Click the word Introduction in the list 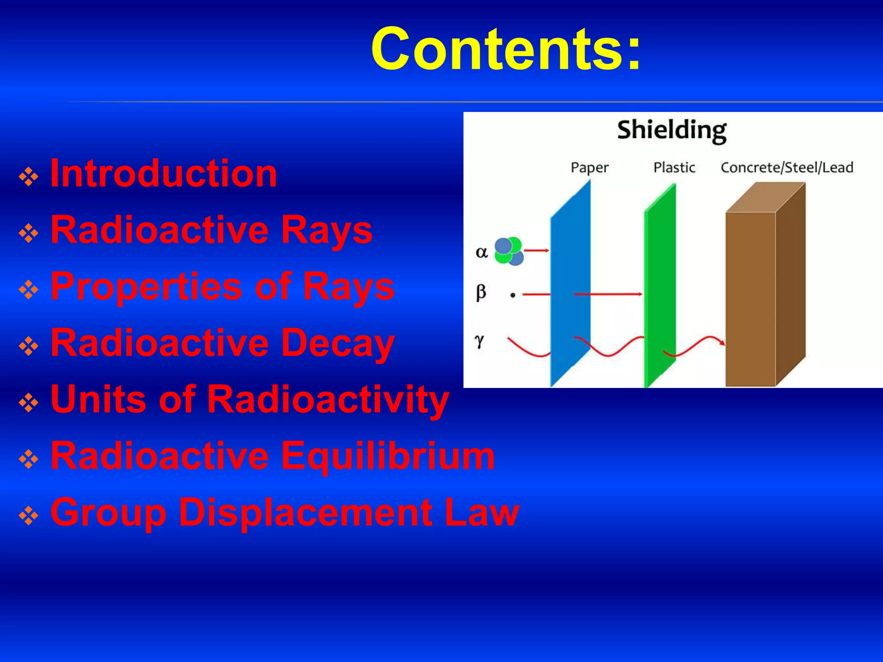[163, 174]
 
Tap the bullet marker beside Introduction [29, 177]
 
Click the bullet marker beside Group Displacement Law [29, 516]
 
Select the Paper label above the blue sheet [589, 168]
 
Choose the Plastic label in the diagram [674, 167]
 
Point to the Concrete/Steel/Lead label [786, 167]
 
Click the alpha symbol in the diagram [481, 252]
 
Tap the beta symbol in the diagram [481, 293]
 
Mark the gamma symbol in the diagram [479, 341]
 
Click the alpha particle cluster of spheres [508, 251]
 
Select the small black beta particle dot [513, 295]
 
